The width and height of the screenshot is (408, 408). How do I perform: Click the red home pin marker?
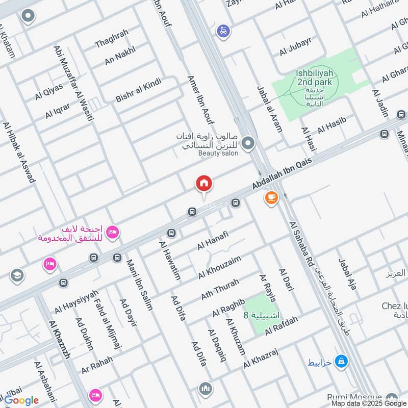[203, 184]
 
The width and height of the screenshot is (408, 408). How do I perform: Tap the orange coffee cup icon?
[270, 197]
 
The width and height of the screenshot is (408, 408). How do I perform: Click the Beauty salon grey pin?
[248, 143]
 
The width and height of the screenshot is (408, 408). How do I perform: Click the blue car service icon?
[223, 31]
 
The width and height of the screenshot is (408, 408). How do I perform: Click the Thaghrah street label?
[112, 38]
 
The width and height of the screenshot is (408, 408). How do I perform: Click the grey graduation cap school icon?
[17, 275]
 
